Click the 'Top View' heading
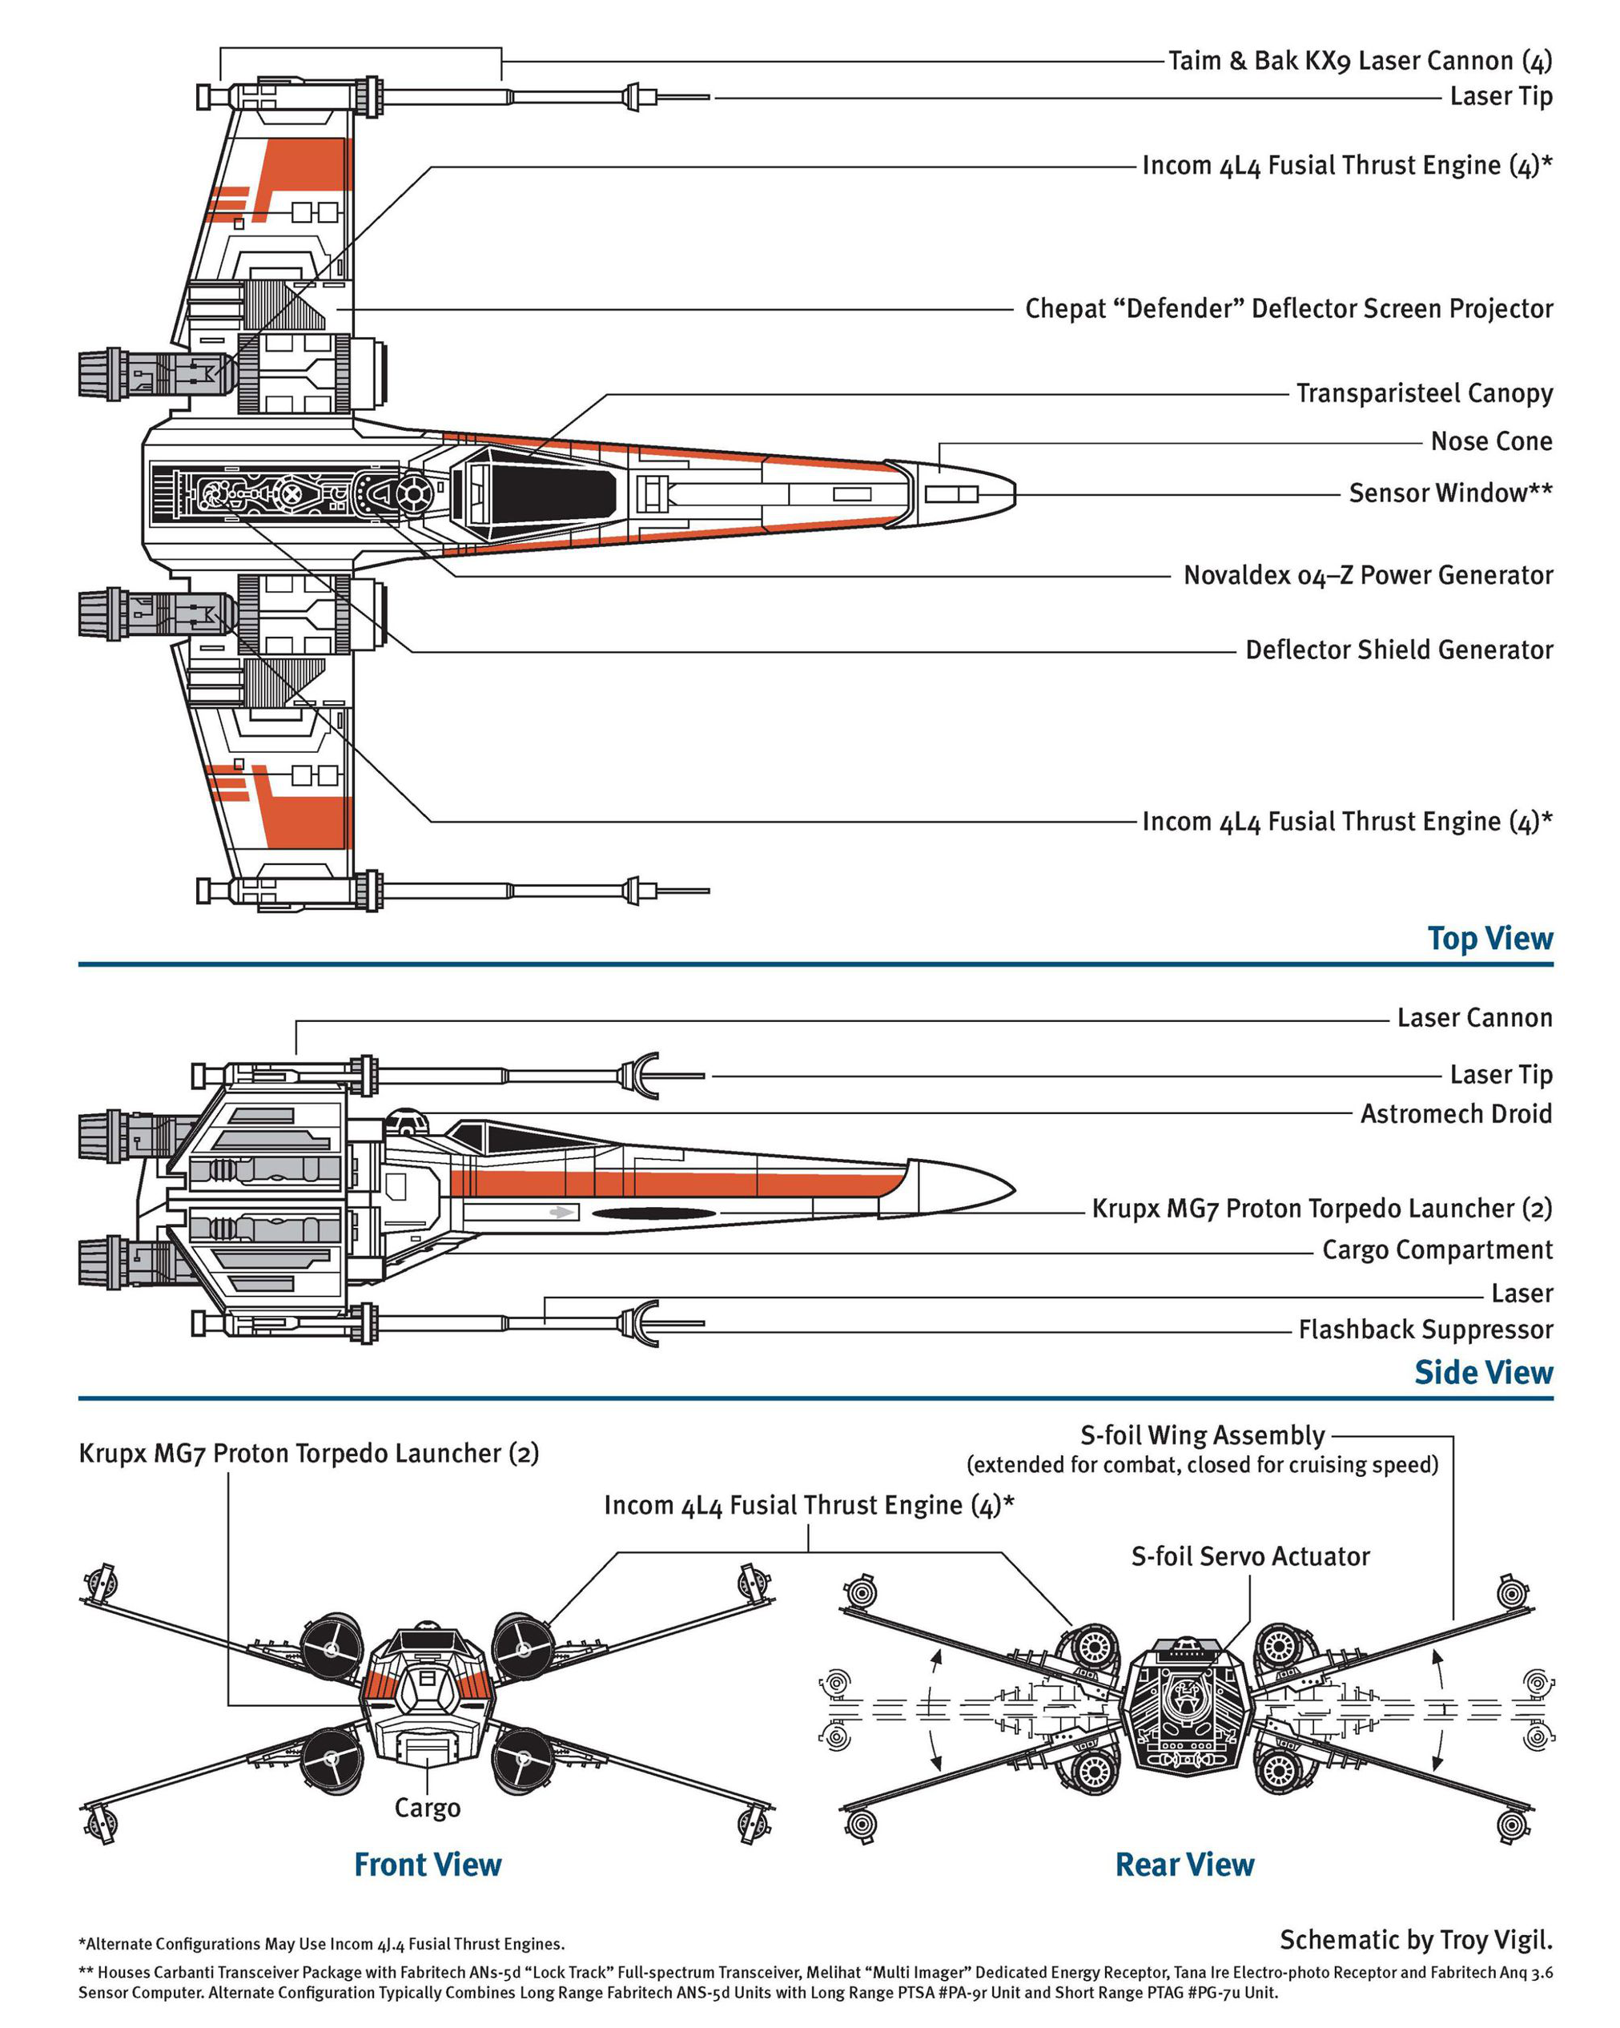click(1489, 939)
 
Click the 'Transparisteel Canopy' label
click(1424, 393)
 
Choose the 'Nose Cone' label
click(1490, 441)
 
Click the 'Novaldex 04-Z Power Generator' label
click(1367, 575)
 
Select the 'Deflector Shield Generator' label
click(1398, 650)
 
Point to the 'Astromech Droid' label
click(1456, 1113)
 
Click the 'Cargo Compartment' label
click(1437, 1250)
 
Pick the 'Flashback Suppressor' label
click(1425, 1330)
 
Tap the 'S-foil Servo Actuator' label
click(1249, 1557)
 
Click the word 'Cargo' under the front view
click(427, 1808)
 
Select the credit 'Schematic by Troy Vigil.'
click(1415, 1940)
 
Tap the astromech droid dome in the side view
click(407, 1120)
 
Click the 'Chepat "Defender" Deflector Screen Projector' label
click(1288, 308)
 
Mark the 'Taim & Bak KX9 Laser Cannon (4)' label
click(1360, 61)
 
